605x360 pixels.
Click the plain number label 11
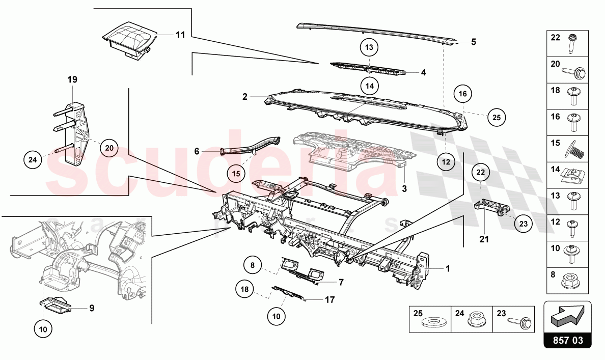[180, 35]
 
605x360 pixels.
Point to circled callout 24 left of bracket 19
[33, 160]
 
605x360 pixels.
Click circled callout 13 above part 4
[369, 47]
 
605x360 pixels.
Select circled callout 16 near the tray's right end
[462, 94]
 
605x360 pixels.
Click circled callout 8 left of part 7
[252, 265]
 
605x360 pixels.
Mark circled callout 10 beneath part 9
[43, 329]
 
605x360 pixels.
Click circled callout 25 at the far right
[497, 117]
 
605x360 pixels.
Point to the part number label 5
[473, 42]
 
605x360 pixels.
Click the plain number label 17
[329, 300]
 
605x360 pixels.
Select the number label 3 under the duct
[404, 189]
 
